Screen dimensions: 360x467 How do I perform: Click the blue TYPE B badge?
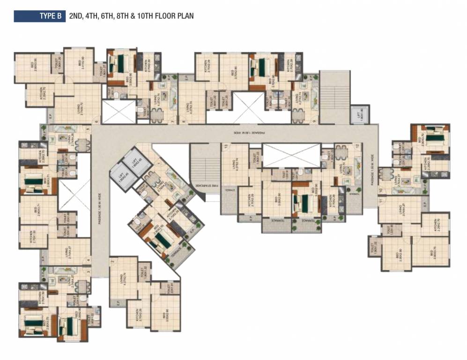40,16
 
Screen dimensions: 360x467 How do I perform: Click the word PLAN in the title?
185,16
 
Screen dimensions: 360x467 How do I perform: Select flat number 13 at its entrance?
226,147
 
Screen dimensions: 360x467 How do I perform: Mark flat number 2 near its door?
113,261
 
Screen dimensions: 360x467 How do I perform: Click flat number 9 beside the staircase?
313,121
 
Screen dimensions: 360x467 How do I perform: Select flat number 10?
381,190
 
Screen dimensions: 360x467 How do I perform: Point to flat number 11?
381,200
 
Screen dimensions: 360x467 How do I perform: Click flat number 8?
184,121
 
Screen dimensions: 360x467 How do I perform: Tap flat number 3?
88,271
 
